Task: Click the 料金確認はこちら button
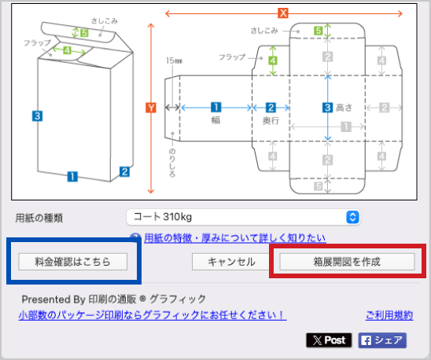(x=73, y=262)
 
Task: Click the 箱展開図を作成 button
(x=347, y=262)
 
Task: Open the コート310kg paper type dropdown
(x=244, y=217)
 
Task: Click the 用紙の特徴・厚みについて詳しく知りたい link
(x=235, y=238)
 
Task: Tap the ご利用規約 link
(x=389, y=315)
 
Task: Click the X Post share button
(x=329, y=340)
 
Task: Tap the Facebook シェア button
(x=382, y=340)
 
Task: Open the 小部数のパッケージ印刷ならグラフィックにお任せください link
(x=153, y=315)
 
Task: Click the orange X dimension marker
(x=283, y=13)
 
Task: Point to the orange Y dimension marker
(x=151, y=108)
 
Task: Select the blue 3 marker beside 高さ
(x=327, y=108)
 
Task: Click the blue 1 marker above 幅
(x=216, y=107)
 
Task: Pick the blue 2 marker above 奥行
(x=271, y=108)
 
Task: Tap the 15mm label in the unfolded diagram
(x=174, y=61)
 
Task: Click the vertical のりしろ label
(x=172, y=163)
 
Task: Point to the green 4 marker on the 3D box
(x=67, y=50)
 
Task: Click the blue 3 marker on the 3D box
(x=37, y=116)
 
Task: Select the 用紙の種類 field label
(x=39, y=218)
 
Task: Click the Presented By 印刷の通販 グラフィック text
(x=114, y=299)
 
